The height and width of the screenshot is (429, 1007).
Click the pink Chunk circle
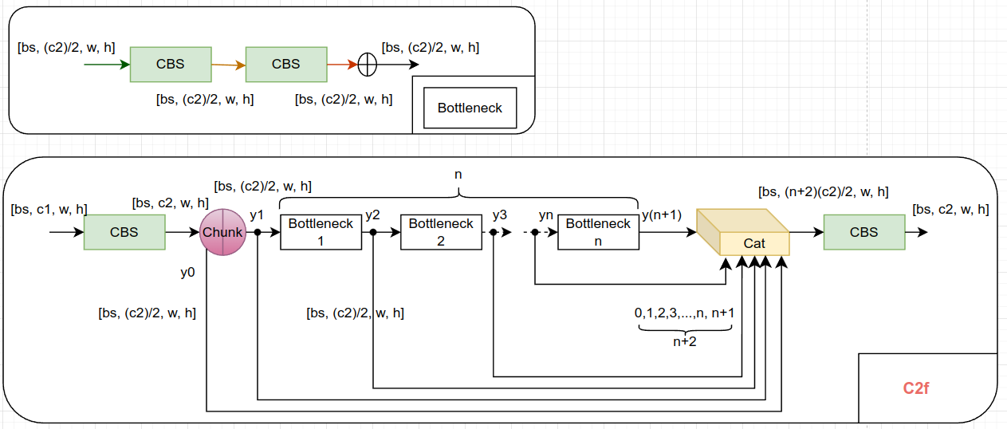point(222,232)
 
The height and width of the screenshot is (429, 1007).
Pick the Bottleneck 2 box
point(441,232)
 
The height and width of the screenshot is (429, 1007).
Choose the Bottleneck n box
point(598,232)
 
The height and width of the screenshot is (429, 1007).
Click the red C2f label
point(916,388)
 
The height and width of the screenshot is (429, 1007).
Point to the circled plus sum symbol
point(367,65)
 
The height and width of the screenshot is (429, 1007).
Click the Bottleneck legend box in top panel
point(470,108)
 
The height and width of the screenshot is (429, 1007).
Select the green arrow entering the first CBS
point(107,65)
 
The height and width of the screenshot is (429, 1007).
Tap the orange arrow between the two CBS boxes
point(228,65)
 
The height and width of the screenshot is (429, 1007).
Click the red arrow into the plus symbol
point(342,65)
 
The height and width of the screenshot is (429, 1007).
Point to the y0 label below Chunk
point(187,272)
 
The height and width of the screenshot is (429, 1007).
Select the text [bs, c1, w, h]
point(49,209)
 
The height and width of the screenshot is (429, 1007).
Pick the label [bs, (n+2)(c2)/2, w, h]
point(824,192)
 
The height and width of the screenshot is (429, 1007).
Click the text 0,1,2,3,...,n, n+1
point(684,313)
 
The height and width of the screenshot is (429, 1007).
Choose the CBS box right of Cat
point(863,232)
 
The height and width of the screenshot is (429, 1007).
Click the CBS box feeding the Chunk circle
point(124,232)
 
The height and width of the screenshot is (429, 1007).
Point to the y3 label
point(500,215)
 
